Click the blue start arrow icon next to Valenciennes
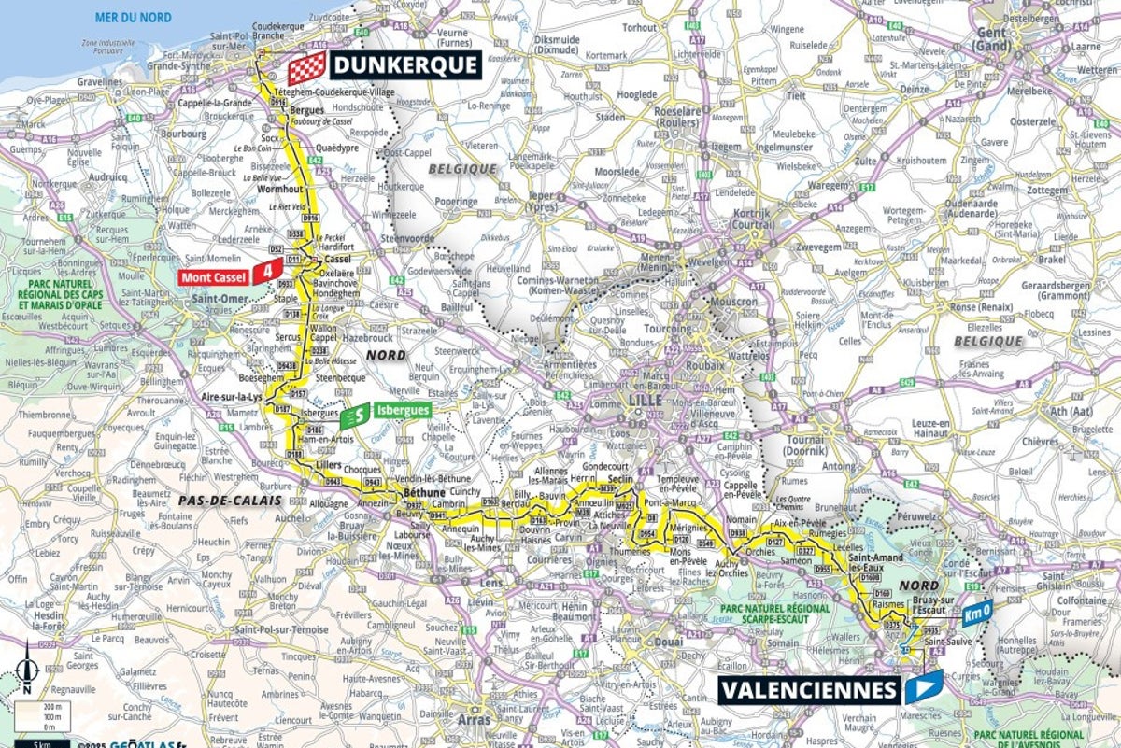tap(924, 686)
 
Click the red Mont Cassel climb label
tap(215, 276)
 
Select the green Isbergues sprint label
tap(402, 409)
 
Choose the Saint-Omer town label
tap(217, 298)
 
